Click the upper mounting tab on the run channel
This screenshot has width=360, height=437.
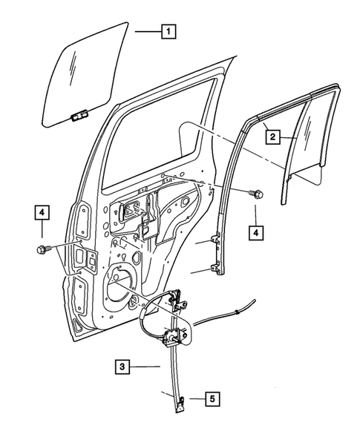coord(216,240)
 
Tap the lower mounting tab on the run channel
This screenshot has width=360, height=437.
coord(216,269)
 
